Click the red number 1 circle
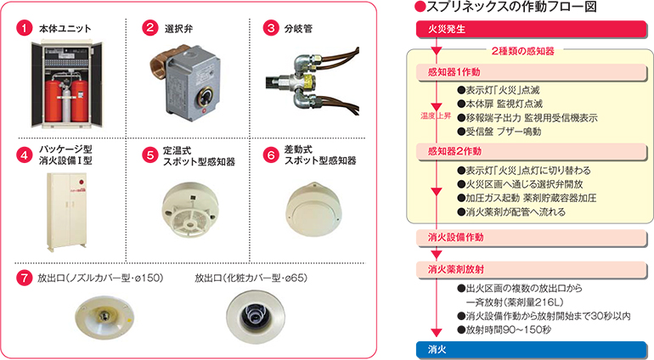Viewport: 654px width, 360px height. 24,28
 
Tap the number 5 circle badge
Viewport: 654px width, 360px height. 149,155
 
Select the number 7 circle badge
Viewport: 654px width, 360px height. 24,278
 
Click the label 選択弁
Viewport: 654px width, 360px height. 178,29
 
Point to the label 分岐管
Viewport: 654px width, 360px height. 298,29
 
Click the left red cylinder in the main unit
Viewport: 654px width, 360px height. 54,101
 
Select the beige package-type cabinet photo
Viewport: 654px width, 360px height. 67,211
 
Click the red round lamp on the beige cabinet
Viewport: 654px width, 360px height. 82,182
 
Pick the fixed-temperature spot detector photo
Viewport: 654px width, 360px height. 190,211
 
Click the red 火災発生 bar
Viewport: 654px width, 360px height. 532,29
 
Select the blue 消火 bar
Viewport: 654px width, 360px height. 532,349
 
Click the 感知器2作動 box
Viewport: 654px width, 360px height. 532,151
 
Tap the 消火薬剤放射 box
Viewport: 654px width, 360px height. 532,269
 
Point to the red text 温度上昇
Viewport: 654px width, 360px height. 436,116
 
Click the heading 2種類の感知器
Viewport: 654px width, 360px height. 522,51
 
